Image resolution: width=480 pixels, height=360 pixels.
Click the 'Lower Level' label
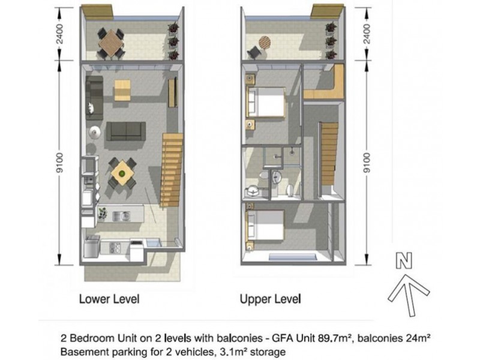109,299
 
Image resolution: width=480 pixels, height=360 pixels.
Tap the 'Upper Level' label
271,299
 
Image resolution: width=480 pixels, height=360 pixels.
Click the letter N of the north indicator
404,260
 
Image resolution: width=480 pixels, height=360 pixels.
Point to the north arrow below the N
409,295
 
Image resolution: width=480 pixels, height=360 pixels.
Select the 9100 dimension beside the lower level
59,163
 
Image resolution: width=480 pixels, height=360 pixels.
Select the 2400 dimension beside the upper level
367,34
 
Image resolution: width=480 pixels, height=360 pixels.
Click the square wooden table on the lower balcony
111,43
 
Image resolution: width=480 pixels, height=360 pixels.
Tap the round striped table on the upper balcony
265,43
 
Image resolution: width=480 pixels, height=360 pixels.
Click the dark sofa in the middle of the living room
126,131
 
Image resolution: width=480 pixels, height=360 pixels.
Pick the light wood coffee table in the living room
122,90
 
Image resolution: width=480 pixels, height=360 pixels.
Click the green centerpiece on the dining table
122,174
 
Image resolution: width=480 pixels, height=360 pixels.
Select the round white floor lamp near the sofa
95,133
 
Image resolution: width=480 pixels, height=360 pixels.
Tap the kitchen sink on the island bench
122,216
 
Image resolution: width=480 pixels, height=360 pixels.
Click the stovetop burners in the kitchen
115,247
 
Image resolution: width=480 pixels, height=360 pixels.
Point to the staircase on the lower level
172,169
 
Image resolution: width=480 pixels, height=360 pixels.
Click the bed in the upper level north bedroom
266,102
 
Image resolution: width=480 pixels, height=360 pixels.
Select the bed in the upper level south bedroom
265,225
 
